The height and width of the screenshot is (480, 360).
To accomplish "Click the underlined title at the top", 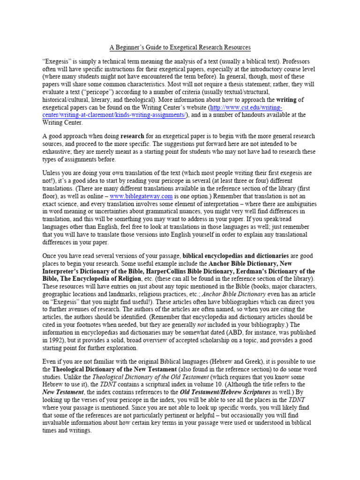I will (180, 47).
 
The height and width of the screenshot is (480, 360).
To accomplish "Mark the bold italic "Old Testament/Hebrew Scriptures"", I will (222, 392).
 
